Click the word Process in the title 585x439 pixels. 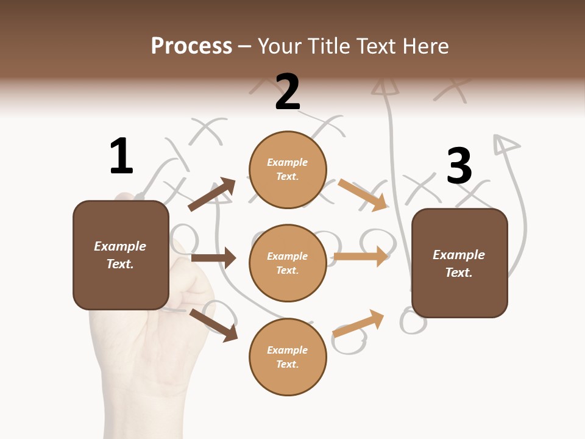(191, 46)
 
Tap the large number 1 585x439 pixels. (121, 156)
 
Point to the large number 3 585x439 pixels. (459, 166)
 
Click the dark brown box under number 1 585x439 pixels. (121, 255)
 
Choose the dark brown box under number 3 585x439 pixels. (459, 263)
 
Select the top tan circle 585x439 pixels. (288, 170)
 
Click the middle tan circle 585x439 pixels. (288, 263)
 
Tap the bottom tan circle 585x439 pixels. (288, 357)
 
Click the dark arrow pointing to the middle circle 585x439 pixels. (213, 258)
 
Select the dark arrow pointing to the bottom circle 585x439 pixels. (213, 325)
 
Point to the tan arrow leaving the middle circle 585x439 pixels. (361, 256)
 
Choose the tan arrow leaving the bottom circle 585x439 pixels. (358, 324)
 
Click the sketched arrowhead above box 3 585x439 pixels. (505, 145)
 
